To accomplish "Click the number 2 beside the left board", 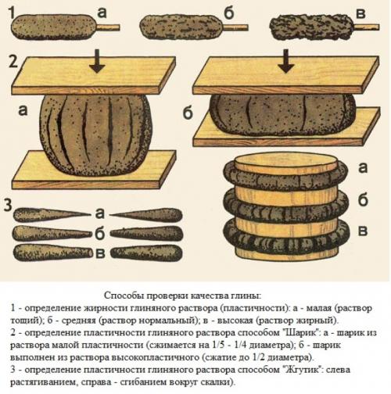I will tap(10, 62).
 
